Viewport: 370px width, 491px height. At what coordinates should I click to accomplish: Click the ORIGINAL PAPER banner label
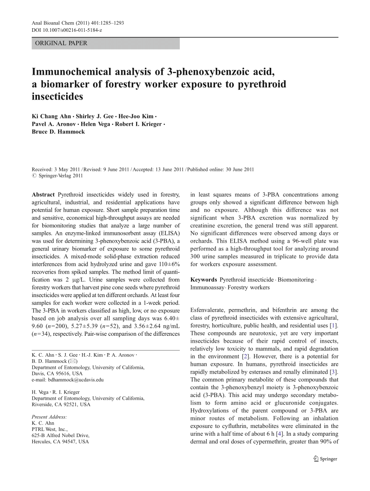61,43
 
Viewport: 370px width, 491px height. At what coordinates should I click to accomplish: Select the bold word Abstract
44,195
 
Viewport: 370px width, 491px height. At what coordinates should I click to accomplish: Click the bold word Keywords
204,280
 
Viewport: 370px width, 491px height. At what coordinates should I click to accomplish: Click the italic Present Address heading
50,417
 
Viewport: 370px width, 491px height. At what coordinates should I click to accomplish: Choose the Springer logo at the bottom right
326,459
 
